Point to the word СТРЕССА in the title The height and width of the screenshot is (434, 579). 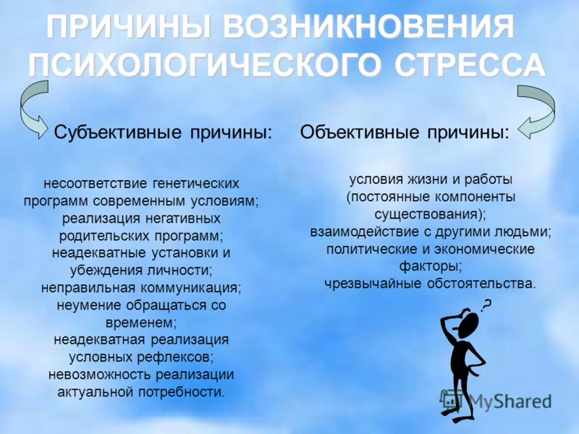470,65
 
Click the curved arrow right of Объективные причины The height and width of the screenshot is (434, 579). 550,107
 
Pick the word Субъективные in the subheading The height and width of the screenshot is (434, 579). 118,132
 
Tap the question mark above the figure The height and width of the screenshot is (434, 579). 487,305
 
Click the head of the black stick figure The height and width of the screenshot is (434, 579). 468,323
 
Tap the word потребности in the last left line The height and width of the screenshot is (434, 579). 181,392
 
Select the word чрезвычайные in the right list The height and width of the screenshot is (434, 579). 373,284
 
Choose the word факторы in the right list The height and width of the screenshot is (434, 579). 430,266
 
